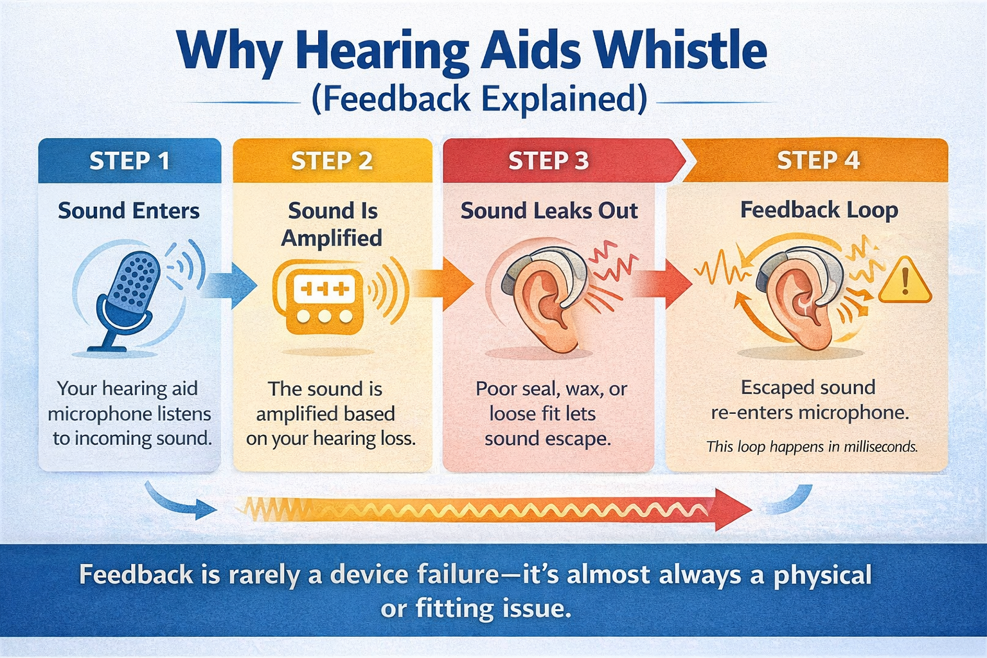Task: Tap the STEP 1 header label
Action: click(x=130, y=161)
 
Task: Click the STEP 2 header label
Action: click(x=332, y=161)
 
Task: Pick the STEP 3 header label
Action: click(x=549, y=161)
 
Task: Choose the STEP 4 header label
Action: click(x=818, y=160)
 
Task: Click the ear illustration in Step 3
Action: click(x=546, y=299)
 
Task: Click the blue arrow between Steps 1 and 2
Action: click(x=229, y=285)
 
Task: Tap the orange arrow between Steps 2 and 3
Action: click(x=443, y=285)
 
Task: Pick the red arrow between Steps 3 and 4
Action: click(x=662, y=284)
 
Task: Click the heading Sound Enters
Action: click(x=129, y=211)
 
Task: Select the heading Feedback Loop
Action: click(x=819, y=210)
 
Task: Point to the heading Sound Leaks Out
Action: click(x=549, y=211)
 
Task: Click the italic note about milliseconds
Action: click(x=812, y=447)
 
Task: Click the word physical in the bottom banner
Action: click(x=822, y=576)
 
